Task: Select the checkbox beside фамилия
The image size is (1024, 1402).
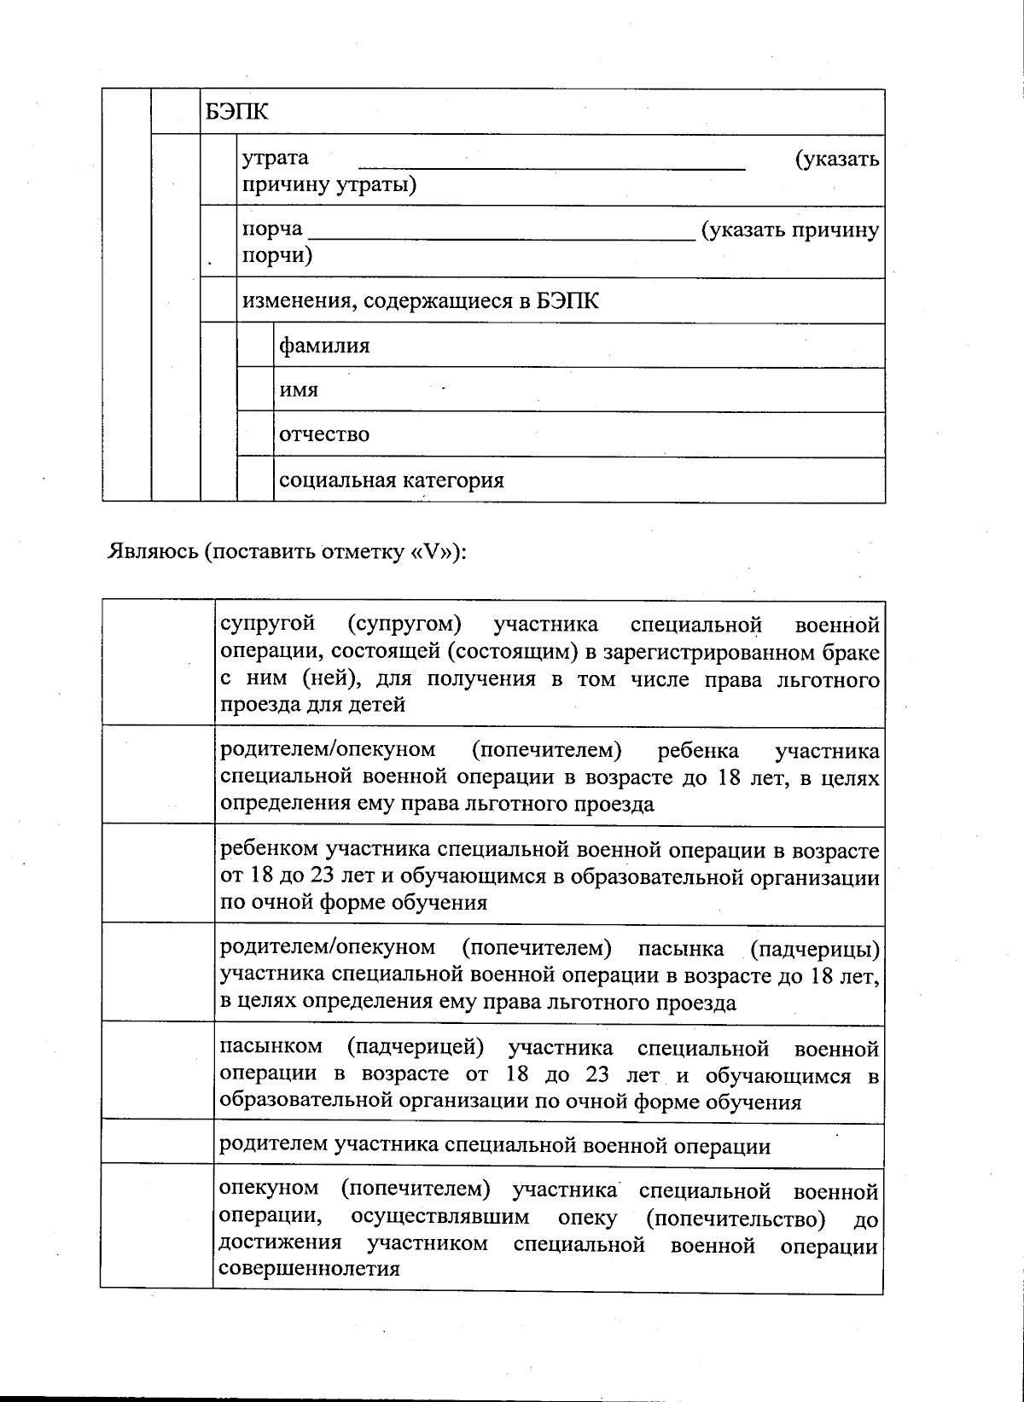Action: [255, 346]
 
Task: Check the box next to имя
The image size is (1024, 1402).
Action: [255, 390]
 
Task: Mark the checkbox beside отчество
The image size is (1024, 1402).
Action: [255, 434]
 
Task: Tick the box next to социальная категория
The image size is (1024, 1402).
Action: [255, 480]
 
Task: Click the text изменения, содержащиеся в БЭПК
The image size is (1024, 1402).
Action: [421, 301]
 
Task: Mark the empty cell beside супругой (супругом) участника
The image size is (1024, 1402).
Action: [157, 662]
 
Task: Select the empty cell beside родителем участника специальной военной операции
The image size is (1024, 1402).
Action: [157, 1143]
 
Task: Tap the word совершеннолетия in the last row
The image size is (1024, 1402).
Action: [309, 1268]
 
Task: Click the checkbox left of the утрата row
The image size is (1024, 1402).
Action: [218, 170]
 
